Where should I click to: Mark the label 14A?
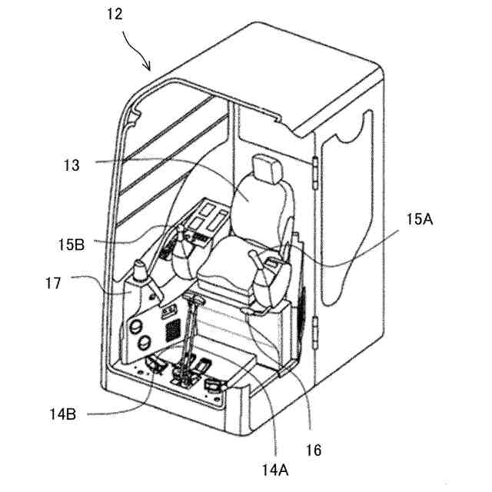277,463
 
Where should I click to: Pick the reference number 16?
313,448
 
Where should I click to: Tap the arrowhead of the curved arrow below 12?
151,70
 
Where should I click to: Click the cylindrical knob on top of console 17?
141,271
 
